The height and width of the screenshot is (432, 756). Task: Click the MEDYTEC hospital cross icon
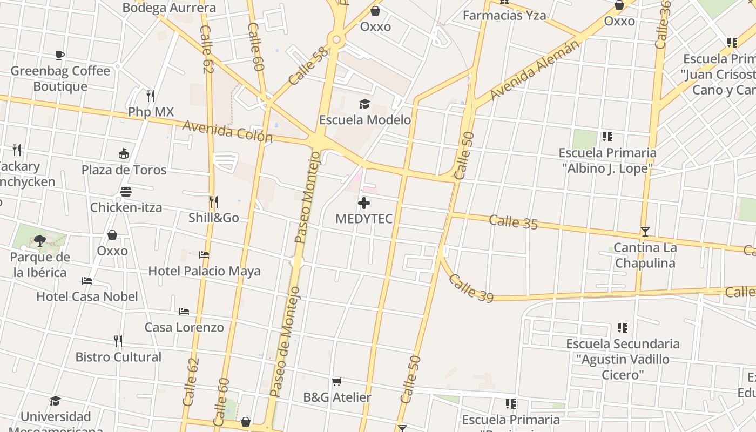click(x=364, y=204)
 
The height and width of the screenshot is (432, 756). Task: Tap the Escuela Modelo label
click(x=365, y=120)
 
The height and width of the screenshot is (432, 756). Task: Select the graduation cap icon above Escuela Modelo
click(x=365, y=104)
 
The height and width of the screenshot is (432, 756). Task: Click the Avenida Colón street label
click(x=227, y=131)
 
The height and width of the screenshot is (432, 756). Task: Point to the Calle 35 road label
click(x=514, y=221)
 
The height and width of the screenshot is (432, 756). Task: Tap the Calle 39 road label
click(x=471, y=288)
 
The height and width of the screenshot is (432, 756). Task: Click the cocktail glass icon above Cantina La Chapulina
click(x=645, y=232)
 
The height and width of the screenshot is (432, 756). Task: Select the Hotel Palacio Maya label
click(x=204, y=271)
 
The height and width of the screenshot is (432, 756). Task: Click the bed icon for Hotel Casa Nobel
click(x=87, y=281)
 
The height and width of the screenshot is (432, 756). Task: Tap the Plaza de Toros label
click(x=124, y=170)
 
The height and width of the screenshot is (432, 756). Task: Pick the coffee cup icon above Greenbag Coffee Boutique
click(x=60, y=55)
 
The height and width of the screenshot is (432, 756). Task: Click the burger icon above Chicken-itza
click(x=126, y=192)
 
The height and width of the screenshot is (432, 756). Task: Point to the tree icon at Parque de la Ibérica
click(x=39, y=240)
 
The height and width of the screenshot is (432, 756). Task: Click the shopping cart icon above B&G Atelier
click(x=337, y=382)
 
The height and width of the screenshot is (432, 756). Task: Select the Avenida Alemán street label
click(x=534, y=70)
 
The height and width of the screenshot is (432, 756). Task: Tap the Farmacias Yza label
click(x=504, y=16)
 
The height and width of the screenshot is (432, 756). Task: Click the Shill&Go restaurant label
click(x=214, y=218)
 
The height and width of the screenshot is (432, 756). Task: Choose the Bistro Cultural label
click(x=118, y=357)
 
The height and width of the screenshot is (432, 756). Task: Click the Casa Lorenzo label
click(x=184, y=327)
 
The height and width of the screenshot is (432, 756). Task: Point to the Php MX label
click(x=151, y=112)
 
